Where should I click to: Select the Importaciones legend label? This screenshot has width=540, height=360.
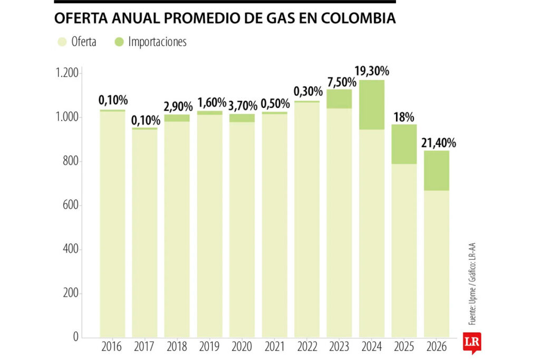click(x=157, y=42)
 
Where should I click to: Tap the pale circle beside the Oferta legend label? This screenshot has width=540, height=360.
click(x=62, y=42)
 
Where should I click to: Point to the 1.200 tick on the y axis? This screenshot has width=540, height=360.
click(x=67, y=73)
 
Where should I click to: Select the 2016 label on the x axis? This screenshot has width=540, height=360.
click(x=112, y=347)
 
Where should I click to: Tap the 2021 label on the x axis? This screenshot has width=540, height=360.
click(x=274, y=347)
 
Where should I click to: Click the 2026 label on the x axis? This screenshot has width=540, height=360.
click(x=437, y=347)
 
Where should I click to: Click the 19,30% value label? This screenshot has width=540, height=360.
click(x=372, y=70)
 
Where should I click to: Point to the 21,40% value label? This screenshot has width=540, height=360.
click(x=438, y=142)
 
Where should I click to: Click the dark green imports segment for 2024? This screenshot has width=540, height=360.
click(x=372, y=104)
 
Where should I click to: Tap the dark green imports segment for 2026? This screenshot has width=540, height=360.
click(x=437, y=170)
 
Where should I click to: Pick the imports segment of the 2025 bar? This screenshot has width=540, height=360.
click(x=404, y=144)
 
